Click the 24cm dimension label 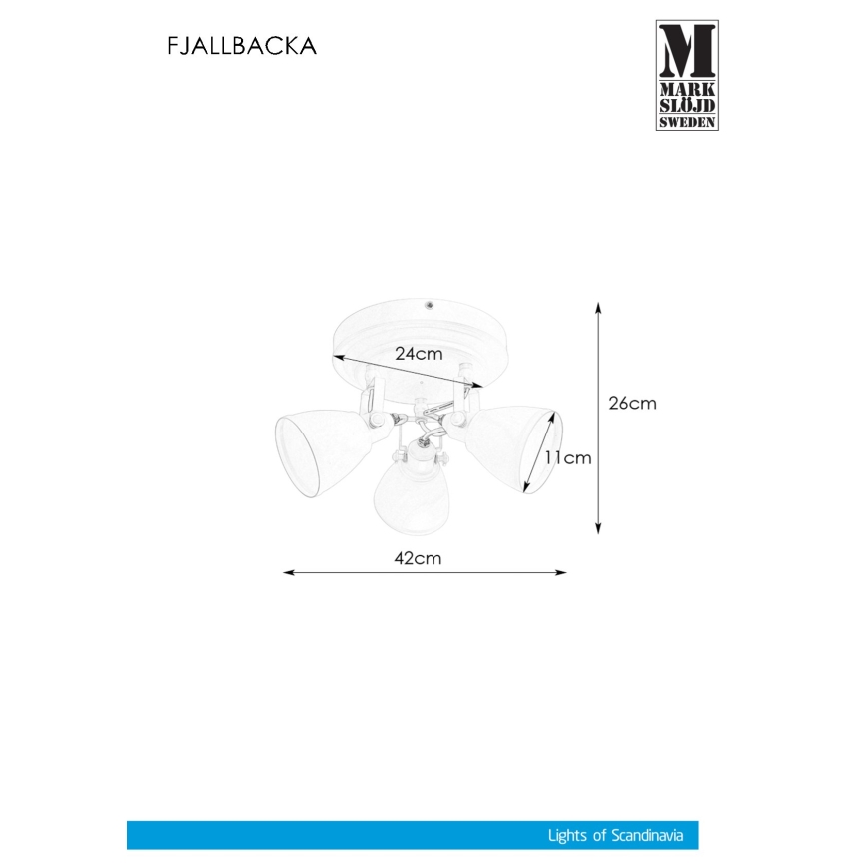tap(418, 354)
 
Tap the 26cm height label tap(632, 404)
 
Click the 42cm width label tap(419, 559)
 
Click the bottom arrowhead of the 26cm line tap(597, 529)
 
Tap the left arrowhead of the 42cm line tap(288, 573)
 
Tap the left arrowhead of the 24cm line tap(338, 357)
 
